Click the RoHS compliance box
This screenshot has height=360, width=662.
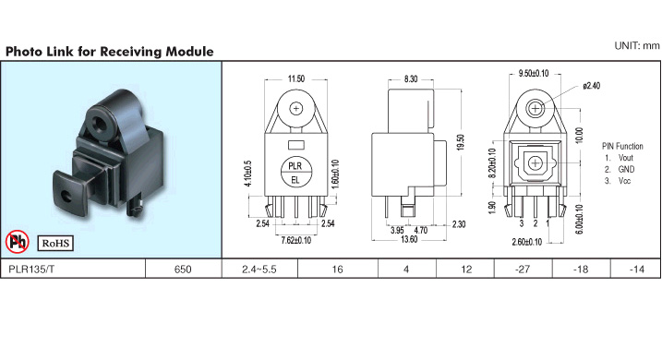coord(55,243)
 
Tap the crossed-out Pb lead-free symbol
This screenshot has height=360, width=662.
coord(18,242)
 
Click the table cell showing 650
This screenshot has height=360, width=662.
coord(183,270)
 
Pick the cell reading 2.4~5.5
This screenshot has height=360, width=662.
coord(259,270)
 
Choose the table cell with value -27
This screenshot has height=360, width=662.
coord(523,270)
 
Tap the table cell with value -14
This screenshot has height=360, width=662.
coord(636,270)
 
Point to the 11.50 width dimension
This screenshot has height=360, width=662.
coord(296,78)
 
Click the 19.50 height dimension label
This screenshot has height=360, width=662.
coord(460,142)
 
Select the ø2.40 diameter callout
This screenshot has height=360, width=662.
coord(591,86)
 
